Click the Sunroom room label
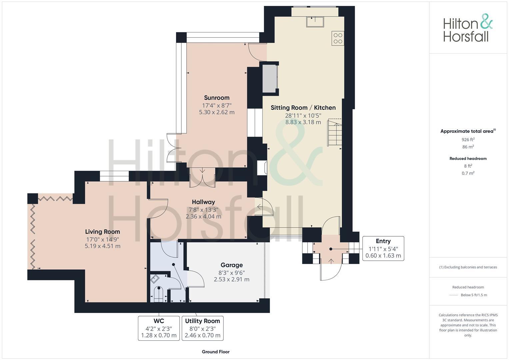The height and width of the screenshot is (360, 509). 217,98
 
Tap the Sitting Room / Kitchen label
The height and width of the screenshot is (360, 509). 303,108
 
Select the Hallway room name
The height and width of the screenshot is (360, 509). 203,202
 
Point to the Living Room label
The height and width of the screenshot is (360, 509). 102,232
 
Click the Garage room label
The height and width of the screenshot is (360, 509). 231,265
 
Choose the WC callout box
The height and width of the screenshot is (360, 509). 159,328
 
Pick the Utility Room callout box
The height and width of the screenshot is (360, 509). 202,328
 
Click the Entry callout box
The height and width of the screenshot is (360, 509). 383,248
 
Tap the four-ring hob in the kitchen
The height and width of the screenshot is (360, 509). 338,38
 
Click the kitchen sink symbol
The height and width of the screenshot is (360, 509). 315,22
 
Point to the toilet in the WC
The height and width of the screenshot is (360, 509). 159,293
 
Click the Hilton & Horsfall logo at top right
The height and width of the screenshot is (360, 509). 468,28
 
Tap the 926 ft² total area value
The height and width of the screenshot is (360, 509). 468,140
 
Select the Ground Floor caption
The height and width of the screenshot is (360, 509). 216,352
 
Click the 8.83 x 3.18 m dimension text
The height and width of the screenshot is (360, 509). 303,122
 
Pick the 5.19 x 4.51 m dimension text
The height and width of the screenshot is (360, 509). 102,246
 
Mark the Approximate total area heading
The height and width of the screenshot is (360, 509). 468,131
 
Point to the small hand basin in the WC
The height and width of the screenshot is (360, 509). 155,279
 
